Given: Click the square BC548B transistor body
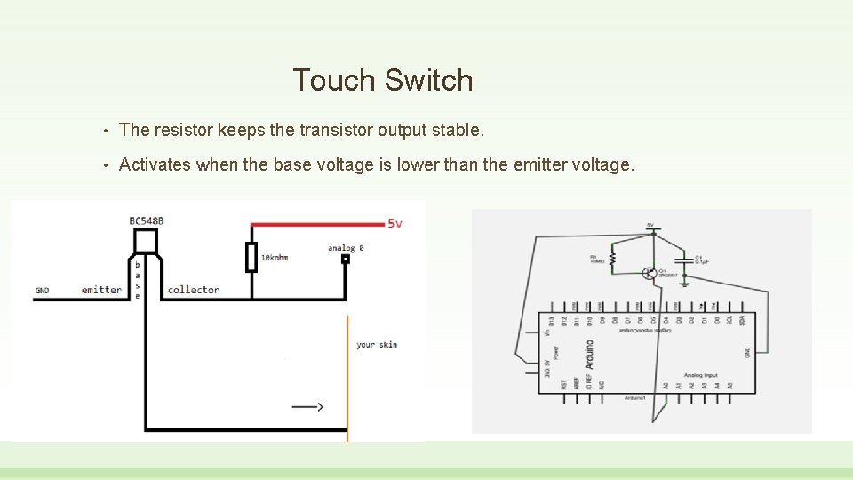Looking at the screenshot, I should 146,241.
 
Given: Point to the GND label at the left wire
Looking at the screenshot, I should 44,290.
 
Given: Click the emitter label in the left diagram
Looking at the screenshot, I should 101,290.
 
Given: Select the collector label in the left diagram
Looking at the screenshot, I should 193,290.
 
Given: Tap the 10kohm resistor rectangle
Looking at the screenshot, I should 251,257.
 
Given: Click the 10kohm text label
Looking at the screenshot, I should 275,258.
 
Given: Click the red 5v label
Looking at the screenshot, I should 394,223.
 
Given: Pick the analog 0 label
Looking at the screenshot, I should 346,248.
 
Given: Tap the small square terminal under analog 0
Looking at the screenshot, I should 346,260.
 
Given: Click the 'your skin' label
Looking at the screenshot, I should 377,344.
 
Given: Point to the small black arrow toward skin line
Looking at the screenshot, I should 307,407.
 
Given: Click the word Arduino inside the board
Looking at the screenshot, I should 589,354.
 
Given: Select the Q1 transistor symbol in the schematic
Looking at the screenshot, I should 652,273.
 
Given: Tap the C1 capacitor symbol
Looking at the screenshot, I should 683,260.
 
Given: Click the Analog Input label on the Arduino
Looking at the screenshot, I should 699,375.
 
